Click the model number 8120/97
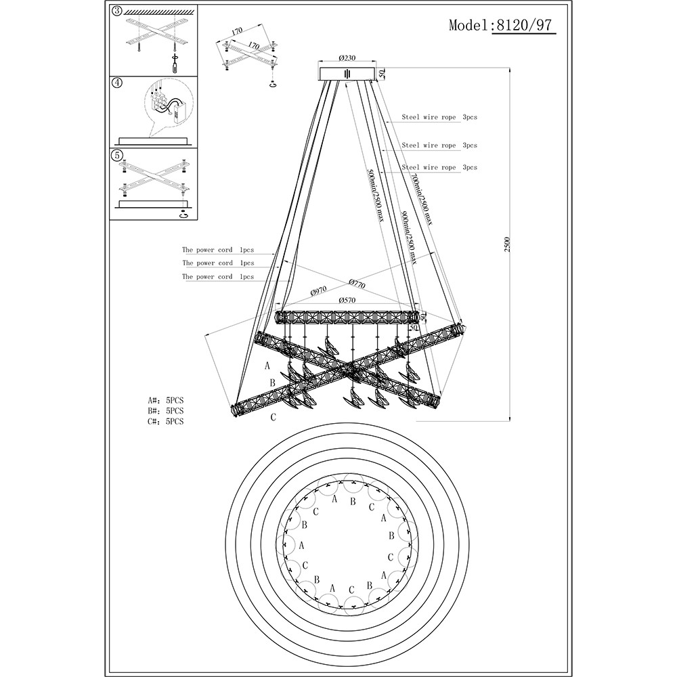[x=524, y=25]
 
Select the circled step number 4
[x=116, y=83]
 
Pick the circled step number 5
[x=116, y=154]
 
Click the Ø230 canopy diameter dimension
[x=347, y=58]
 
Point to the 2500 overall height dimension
[x=507, y=244]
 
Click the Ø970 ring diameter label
[x=319, y=290]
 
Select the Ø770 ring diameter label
[x=357, y=284]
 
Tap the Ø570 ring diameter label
[x=347, y=300]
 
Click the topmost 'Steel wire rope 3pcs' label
[x=439, y=117]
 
